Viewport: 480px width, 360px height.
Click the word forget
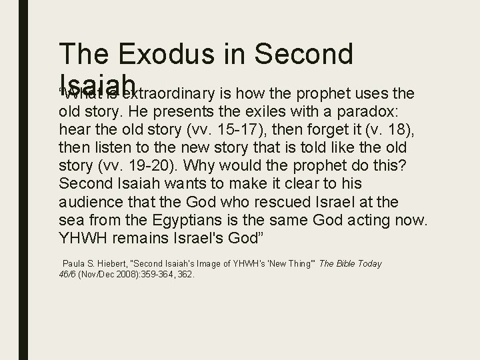(x=311, y=128)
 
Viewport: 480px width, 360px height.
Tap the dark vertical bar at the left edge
(x=23, y=180)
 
